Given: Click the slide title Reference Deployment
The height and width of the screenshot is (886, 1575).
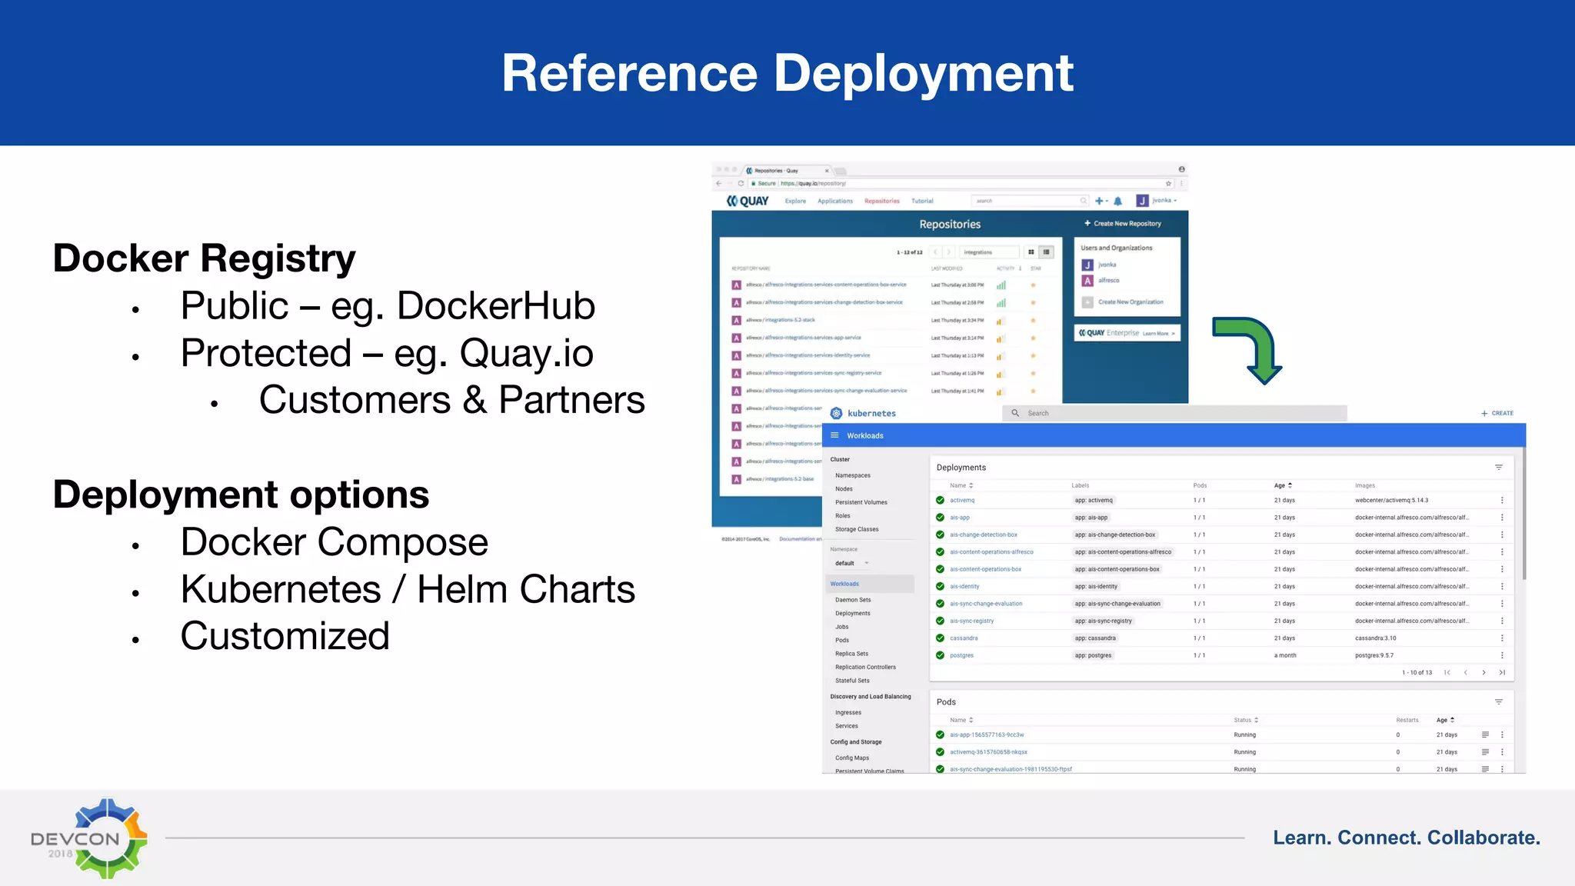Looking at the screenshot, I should (787, 74).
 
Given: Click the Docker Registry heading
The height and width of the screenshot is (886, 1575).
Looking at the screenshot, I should (204, 258).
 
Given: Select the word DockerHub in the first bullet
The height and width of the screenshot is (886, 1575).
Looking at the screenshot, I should (496, 306).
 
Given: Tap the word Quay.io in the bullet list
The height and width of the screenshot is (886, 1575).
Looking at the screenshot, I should (526, 354).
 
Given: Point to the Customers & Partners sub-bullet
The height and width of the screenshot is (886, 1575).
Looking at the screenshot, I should (451, 401).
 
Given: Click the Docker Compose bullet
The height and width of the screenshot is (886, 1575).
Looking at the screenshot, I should (334, 542).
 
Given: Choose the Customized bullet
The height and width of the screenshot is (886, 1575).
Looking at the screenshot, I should (285, 637).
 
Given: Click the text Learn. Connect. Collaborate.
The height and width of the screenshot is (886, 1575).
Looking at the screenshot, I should (1406, 838).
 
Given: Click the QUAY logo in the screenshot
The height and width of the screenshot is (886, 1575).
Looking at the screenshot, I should (748, 201).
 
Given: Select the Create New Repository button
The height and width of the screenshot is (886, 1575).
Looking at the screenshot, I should (1123, 224).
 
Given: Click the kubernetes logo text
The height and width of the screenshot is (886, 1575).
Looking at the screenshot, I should (871, 414).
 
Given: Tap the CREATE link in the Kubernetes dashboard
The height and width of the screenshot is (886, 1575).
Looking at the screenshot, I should (1497, 414).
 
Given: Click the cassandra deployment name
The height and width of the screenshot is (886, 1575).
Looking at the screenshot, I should (964, 638).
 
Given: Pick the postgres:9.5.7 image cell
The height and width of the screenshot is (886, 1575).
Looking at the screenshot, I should (1374, 656).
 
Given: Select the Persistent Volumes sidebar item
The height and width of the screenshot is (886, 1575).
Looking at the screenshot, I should (861, 502).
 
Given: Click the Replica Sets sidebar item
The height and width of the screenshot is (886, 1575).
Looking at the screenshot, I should (851, 654).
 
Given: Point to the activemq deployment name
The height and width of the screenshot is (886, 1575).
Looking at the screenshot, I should (961, 501).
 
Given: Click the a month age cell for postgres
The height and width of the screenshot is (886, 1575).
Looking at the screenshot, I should (1284, 656).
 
